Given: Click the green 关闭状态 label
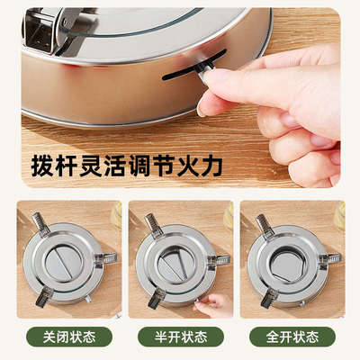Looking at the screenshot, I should click(65, 337).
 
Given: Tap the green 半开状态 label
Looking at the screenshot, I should click(180, 337).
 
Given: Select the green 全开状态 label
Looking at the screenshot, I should click(293, 337).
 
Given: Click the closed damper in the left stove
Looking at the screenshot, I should click(65, 262).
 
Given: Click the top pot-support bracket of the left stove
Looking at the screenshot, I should click(41, 224).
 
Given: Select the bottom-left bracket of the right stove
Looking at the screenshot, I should click(267, 295).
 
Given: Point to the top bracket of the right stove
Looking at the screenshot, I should click(265, 223).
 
